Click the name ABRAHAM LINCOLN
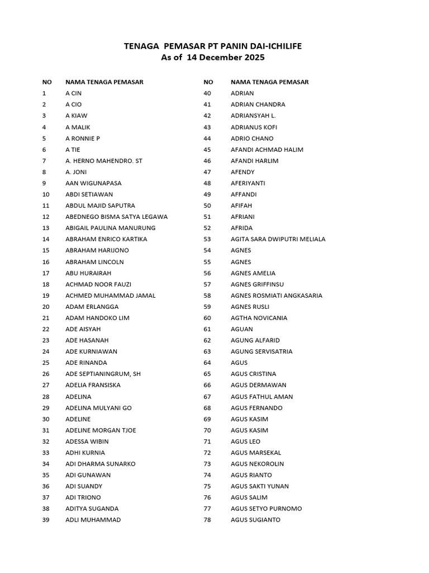(94, 262)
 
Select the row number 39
(46, 520)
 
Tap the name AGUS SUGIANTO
(255, 520)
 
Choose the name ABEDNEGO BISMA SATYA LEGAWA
(116, 217)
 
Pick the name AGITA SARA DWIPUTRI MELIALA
(278, 239)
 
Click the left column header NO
(47, 82)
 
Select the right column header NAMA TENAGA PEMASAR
(269, 82)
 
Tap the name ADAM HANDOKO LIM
(97, 318)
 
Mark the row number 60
(207, 318)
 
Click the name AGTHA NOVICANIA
(259, 318)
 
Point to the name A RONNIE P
(83, 138)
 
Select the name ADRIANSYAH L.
(253, 116)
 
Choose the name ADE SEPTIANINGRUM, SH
(103, 374)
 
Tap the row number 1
(44, 93)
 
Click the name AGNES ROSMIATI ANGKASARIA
(276, 295)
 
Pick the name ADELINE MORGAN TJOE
(101, 430)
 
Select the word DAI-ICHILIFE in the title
(272, 46)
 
